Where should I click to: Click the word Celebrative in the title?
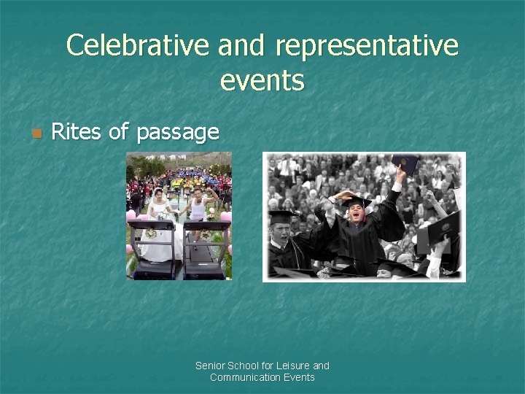click(x=139, y=45)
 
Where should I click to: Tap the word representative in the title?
click(x=367, y=45)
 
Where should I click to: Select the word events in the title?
click(x=262, y=80)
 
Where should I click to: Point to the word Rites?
click(x=77, y=132)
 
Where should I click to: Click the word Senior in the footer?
click(x=210, y=366)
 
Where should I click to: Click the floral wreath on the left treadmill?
click(x=152, y=233)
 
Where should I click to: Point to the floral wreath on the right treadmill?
click(x=206, y=236)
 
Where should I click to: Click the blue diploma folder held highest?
click(x=405, y=163)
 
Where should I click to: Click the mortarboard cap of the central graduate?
click(x=357, y=199)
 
